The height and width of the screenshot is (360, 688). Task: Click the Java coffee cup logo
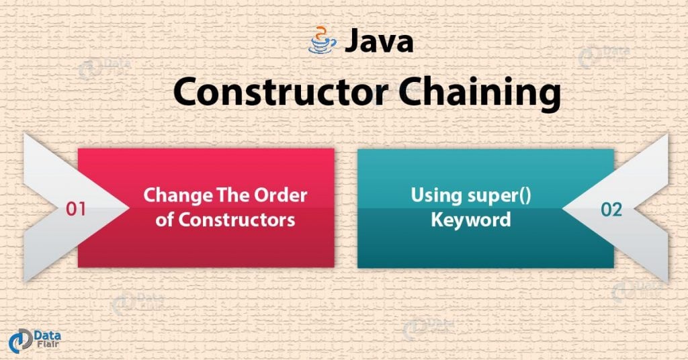coord(322,41)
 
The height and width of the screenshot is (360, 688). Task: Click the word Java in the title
coord(379,42)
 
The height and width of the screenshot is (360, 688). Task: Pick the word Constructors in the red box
coord(234,220)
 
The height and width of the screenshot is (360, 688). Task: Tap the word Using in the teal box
coord(434,195)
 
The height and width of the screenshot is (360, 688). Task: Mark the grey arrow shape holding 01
coord(54,208)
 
